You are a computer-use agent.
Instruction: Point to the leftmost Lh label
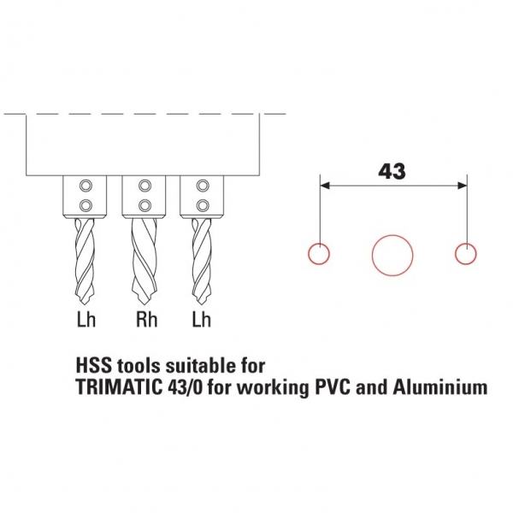coord(84,322)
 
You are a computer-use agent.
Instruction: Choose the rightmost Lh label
coord(201,322)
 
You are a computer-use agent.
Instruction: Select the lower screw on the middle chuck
coord(143,203)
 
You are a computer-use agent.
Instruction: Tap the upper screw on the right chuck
coord(202,186)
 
